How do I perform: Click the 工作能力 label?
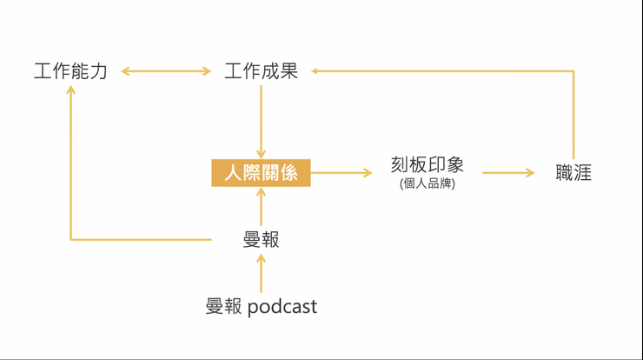[70, 71]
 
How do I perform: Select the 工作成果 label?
[261, 71]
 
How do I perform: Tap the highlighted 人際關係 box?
[261, 173]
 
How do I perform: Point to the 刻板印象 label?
[427, 165]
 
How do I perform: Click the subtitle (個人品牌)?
[427, 183]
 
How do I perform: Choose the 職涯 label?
[573, 173]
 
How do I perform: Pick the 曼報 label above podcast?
[261, 239]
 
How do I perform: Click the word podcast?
[283, 307]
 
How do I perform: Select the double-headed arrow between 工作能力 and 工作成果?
[166, 71]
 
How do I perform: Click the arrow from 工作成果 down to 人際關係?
[261, 122]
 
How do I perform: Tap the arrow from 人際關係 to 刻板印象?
[341, 173]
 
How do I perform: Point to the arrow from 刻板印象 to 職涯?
[508, 173]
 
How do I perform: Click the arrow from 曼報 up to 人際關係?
[261, 207]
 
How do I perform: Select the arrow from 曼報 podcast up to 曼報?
[261, 273]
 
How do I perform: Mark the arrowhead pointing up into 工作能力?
[71, 89]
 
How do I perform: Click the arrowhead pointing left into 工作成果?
[316, 71]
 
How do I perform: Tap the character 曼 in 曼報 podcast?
[215, 307]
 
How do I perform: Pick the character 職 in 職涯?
[565, 173]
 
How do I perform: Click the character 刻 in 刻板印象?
[400, 165]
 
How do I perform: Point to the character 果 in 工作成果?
[288, 71]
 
